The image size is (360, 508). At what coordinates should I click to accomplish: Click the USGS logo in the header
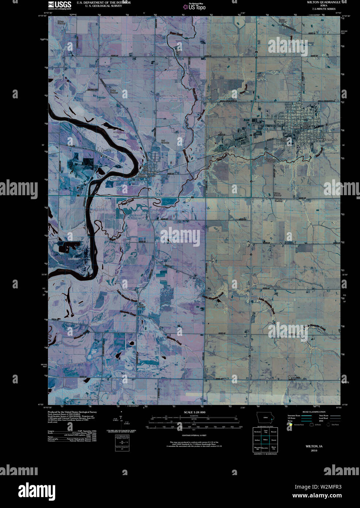coord(60,4)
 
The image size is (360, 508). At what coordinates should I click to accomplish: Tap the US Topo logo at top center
coord(197,7)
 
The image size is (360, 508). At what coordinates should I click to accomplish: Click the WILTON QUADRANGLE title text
coord(318,2)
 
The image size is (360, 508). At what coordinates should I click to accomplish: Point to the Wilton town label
coord(295,127)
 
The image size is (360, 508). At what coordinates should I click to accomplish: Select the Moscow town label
coord(152,172)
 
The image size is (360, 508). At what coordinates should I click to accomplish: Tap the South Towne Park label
coord(327,140)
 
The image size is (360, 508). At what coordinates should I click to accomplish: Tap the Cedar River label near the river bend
coord(64,270)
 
